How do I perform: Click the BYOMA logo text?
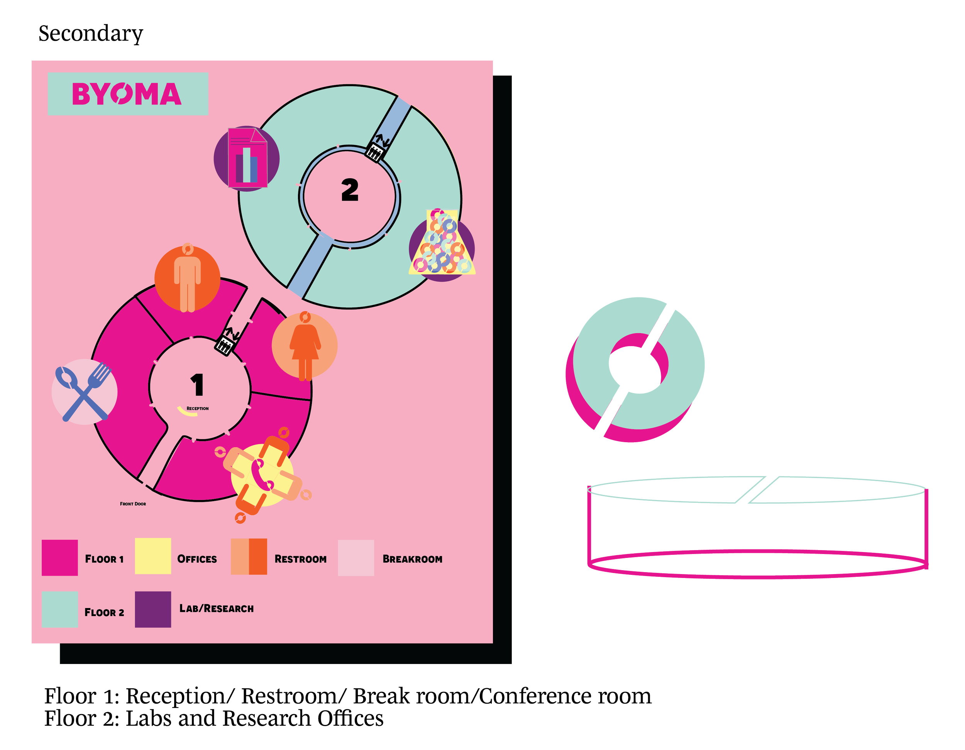coord(127,94)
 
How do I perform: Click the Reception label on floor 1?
coord(198,409)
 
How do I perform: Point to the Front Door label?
coord(132,503)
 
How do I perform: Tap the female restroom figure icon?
coord(305,347)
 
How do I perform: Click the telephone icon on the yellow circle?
coord(262,475)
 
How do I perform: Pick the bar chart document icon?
coord(247,158)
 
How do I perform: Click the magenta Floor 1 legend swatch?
coord(60,557)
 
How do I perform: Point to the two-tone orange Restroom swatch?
coord(249,557)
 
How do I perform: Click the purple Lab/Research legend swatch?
coord(153,609)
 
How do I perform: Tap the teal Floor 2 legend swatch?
coord(60,610)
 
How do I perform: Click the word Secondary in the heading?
coord(91,34)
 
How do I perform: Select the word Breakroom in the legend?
coord(412,559)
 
